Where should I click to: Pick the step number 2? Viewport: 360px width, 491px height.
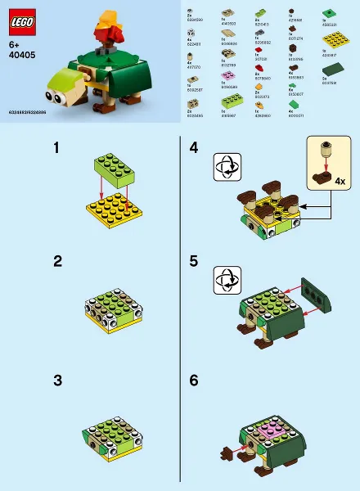click(x=57, y=262)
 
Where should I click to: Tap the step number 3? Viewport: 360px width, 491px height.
click(x=57, y=380)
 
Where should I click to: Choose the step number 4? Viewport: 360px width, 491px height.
click(x=194, y=148)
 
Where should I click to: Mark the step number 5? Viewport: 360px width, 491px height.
click(x=194, y=262)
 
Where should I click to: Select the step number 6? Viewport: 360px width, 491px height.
click(x=194, y=380)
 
